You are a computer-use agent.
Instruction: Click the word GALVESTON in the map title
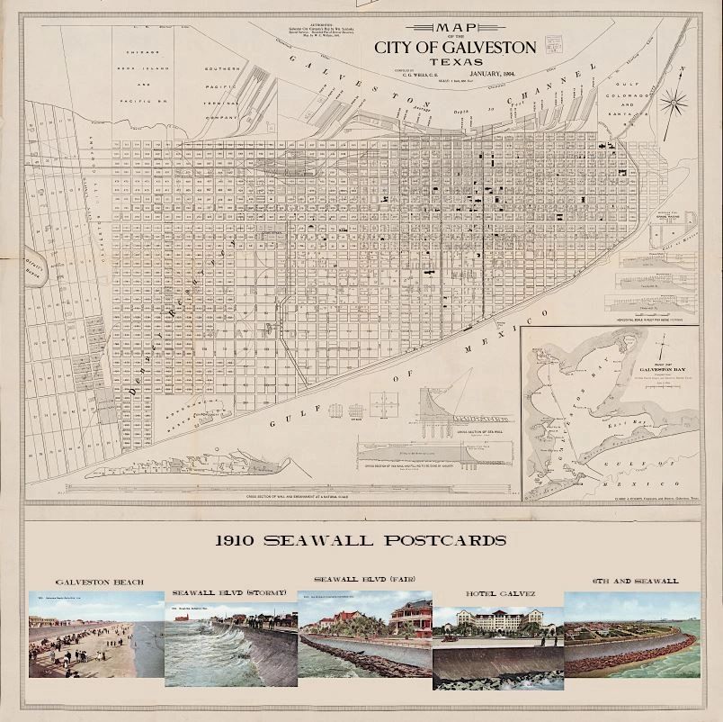486,46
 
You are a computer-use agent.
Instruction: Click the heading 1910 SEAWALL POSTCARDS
361,540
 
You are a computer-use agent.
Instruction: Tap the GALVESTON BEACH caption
93,582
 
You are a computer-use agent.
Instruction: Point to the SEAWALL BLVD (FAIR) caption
364,579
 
